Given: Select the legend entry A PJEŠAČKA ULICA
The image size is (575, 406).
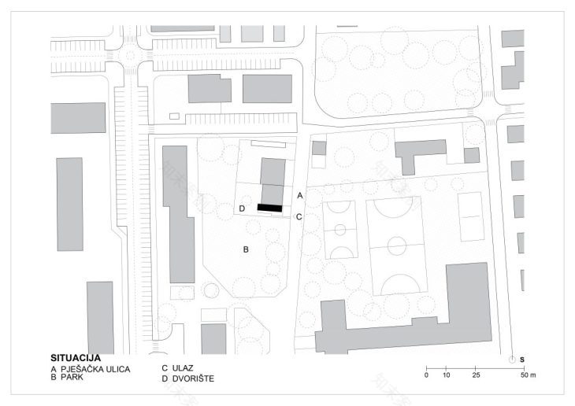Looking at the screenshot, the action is (91, 368).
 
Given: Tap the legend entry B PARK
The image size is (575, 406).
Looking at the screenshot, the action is (69, 378).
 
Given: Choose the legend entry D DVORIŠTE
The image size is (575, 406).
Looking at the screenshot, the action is (187, 378).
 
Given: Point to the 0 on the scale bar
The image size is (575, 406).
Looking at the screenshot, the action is (426, 375).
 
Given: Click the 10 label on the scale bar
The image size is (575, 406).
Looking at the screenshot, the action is (446, 375).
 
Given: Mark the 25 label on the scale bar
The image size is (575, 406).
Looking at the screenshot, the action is (475, 375).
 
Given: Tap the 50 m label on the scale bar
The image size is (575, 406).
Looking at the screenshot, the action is (527, 375).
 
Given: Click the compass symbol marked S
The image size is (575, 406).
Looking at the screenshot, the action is (513, 359).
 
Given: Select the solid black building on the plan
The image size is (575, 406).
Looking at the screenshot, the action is (269, 207).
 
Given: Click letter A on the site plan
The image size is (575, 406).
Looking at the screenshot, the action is (299, 194).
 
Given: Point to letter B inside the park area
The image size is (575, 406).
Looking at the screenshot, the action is (246, 249).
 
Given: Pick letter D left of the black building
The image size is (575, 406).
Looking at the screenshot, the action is (243, 209).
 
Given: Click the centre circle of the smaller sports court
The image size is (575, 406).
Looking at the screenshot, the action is (339, 230).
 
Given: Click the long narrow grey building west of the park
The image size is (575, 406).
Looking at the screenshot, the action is (178, 212).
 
